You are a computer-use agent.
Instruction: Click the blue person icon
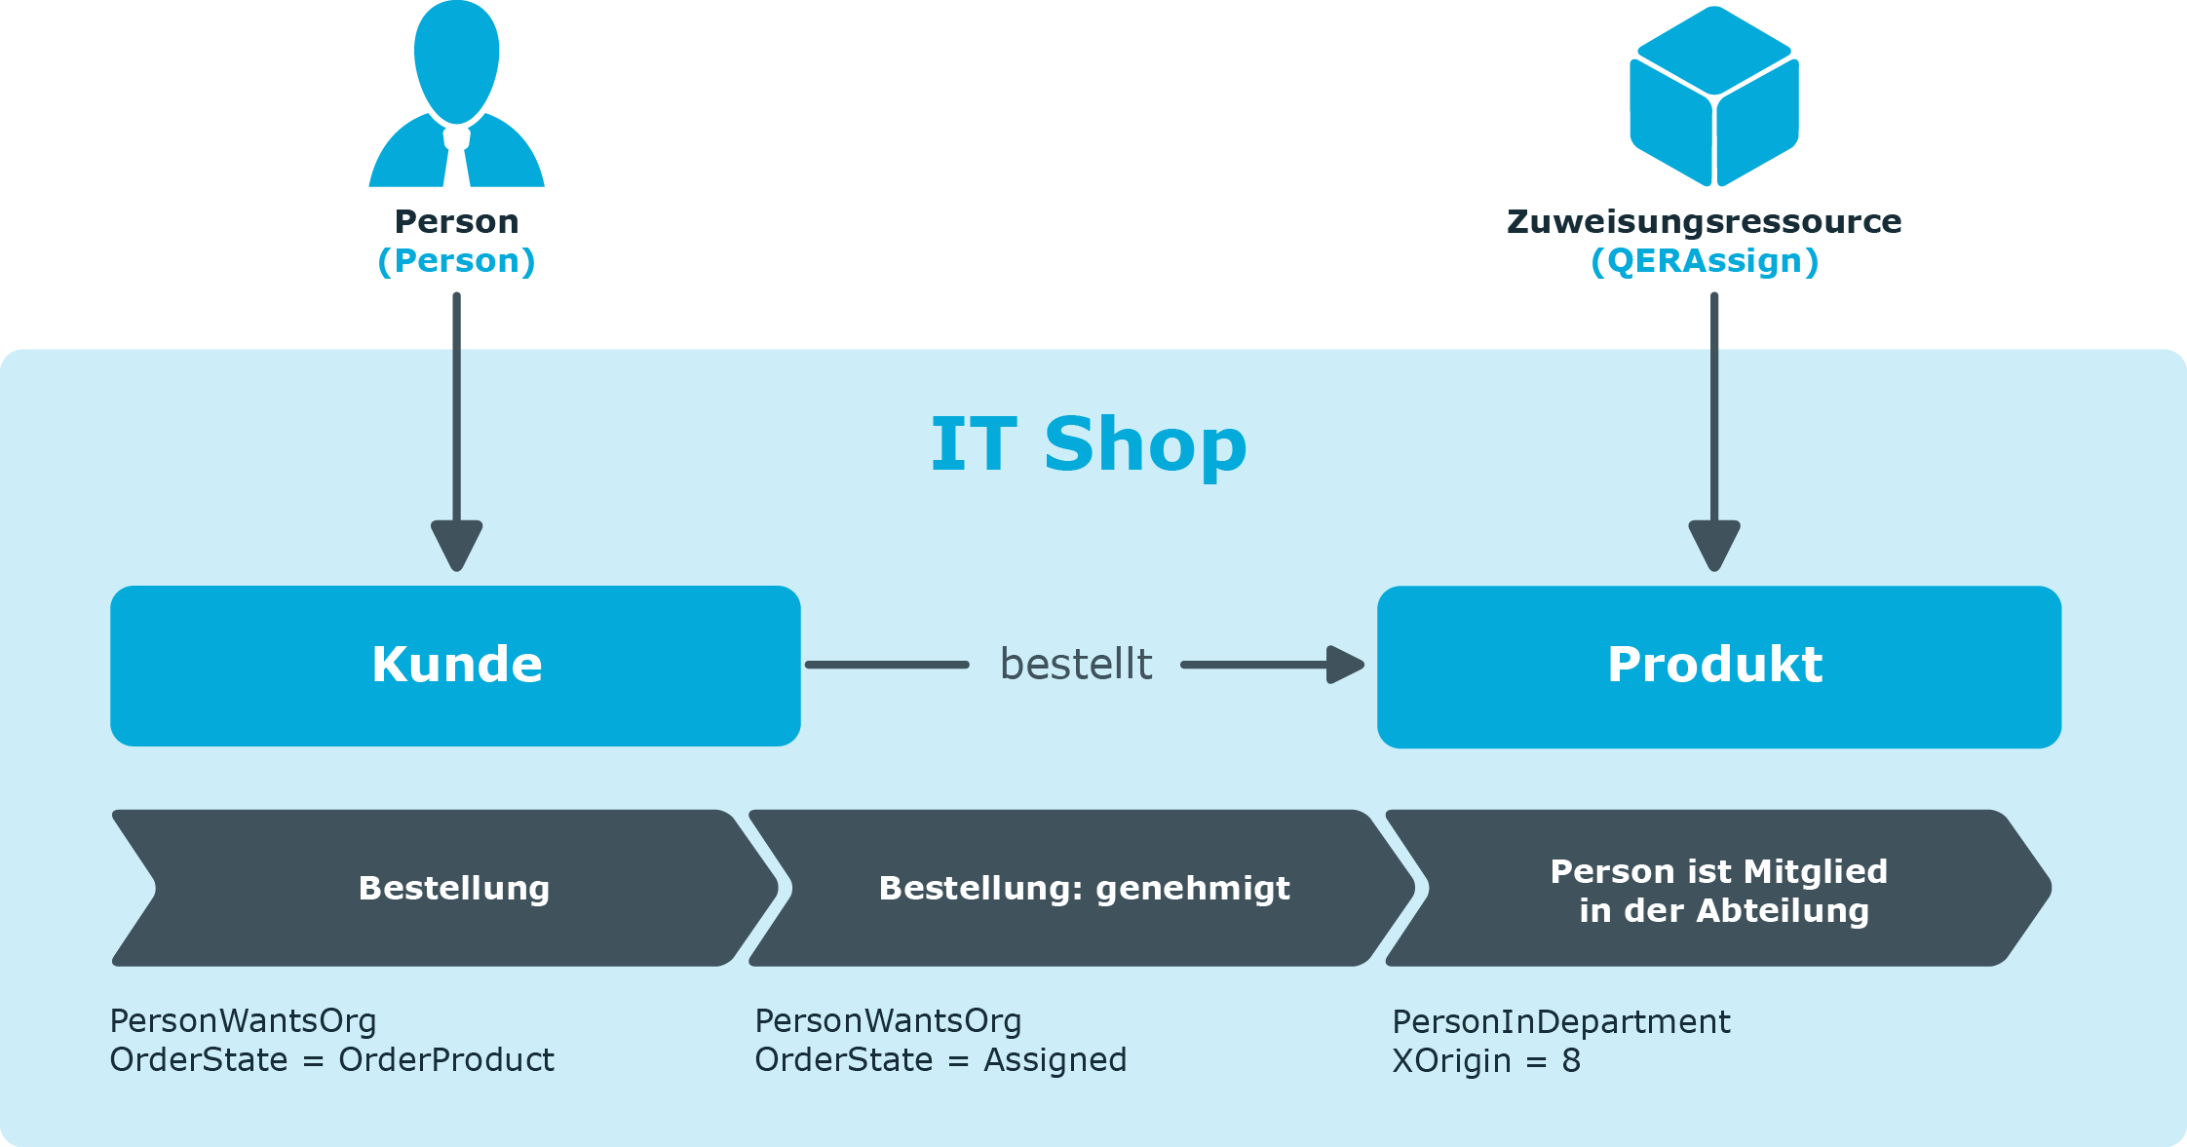456,94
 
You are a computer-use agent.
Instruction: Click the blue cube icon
1714,96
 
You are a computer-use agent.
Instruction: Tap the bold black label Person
456,221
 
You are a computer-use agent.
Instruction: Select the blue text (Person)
456,261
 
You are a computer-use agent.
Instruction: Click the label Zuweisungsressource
1704,222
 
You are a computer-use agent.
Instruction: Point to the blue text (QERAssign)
1705,261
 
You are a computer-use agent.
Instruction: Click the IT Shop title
1089,444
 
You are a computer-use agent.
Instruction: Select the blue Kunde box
455,666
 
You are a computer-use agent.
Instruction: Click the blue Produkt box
1719,667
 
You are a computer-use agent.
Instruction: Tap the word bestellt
1076,665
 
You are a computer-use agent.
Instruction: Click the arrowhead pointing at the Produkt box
1346,665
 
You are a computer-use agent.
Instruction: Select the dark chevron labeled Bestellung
445,888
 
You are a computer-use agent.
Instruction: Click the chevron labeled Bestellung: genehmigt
1082,888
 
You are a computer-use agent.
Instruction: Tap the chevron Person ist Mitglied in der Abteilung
1719,888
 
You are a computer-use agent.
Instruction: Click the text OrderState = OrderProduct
331,1060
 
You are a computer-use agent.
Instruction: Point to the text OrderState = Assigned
940,1060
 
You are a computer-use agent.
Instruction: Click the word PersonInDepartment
1561,1022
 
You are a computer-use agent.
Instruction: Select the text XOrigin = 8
1486,1061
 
